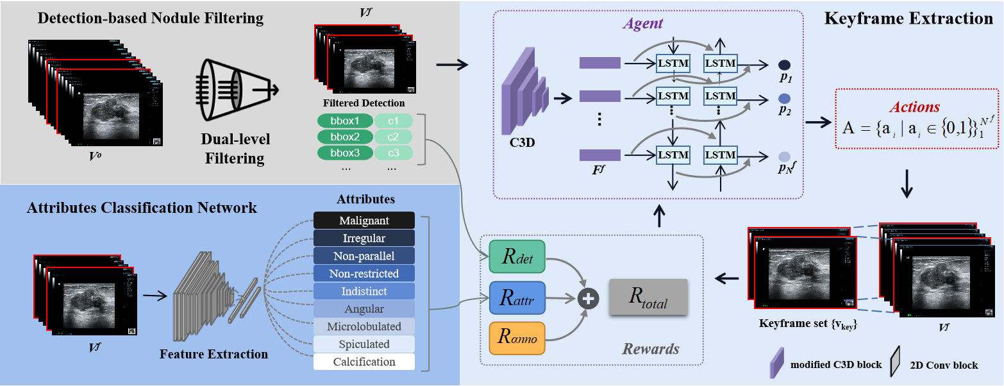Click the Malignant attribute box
[364, 221]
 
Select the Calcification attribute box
[364, 362]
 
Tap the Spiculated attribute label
[364, 344]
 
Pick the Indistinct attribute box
[364, 291]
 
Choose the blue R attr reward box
[516, 298]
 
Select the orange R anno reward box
[516, 338]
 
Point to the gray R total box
[648, 297]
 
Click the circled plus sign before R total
[587, 298]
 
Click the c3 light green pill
[393, 153]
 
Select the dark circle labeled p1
[784, 65]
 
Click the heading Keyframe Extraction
[908, 19]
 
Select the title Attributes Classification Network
[142, 208]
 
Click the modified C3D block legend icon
[777, 364]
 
